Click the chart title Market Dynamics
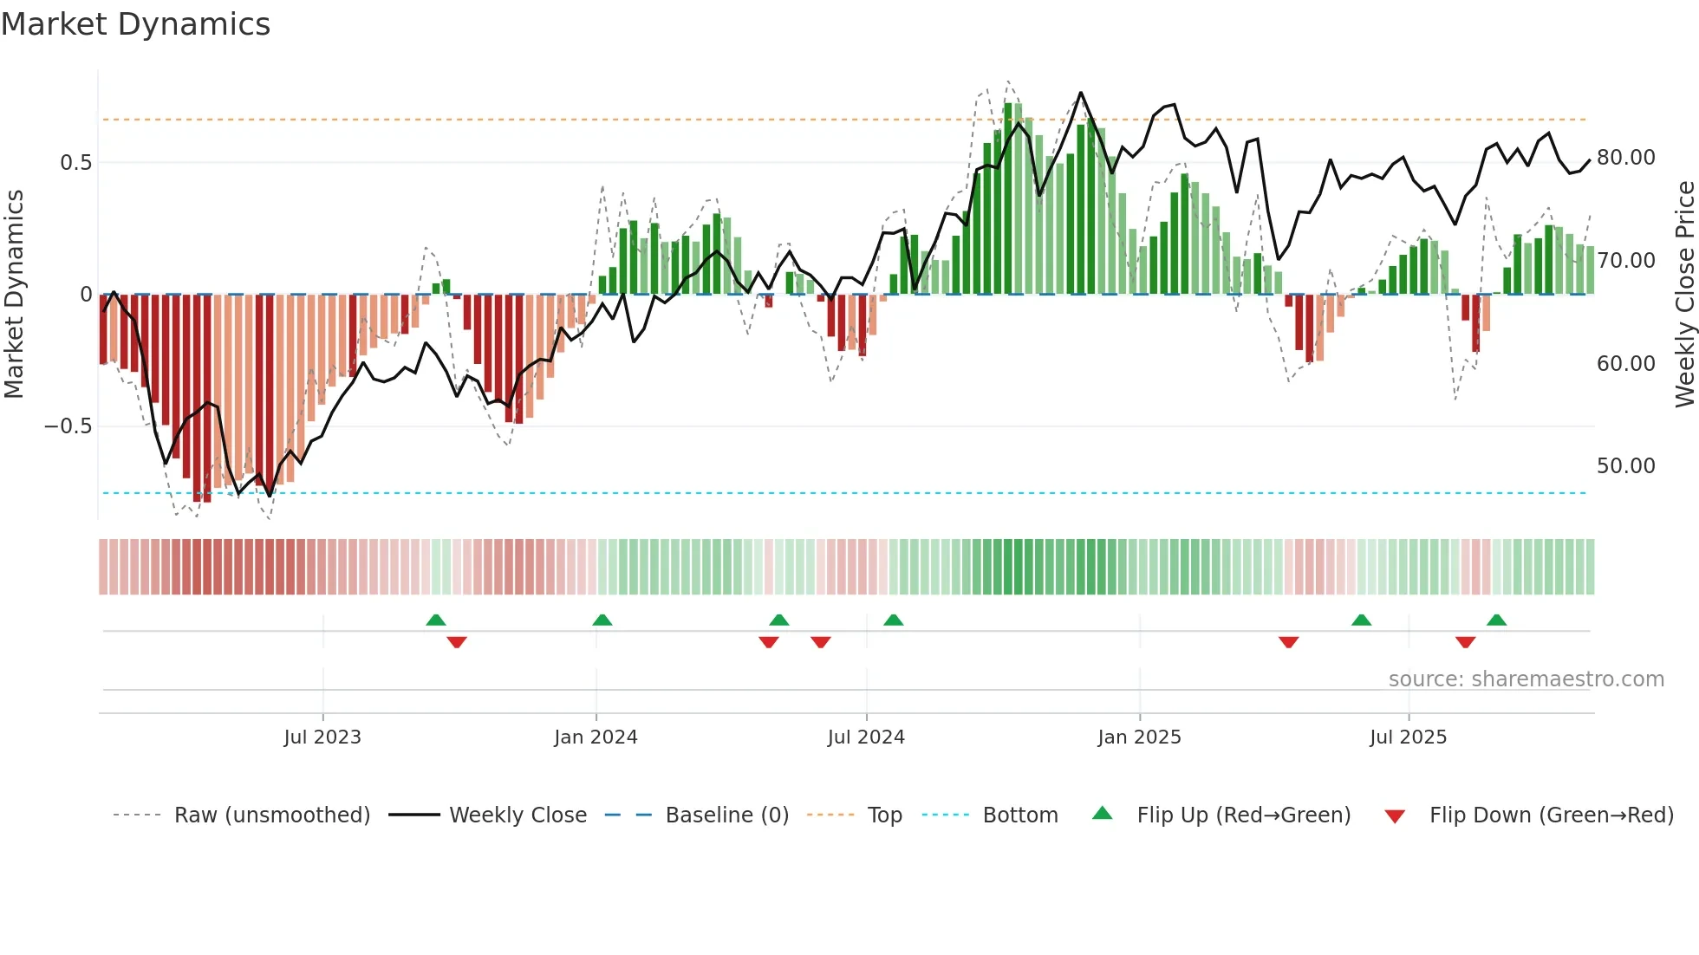[135, 24]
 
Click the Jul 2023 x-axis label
[322, 737]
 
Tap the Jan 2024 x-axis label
[596, 737]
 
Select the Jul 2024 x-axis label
[866, 737]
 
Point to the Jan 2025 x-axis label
[1139, 737]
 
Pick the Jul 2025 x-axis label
[1408, 737]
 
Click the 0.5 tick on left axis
[75, 163]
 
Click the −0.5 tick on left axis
[68, 426]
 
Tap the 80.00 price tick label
[1625, 158]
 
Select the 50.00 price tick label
[1625, 466]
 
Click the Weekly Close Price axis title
[1684, 295]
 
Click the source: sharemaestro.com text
[1526, 679]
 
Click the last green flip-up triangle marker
[1496, 620]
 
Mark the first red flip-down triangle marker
[457, 642]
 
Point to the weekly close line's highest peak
[1080, 93]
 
